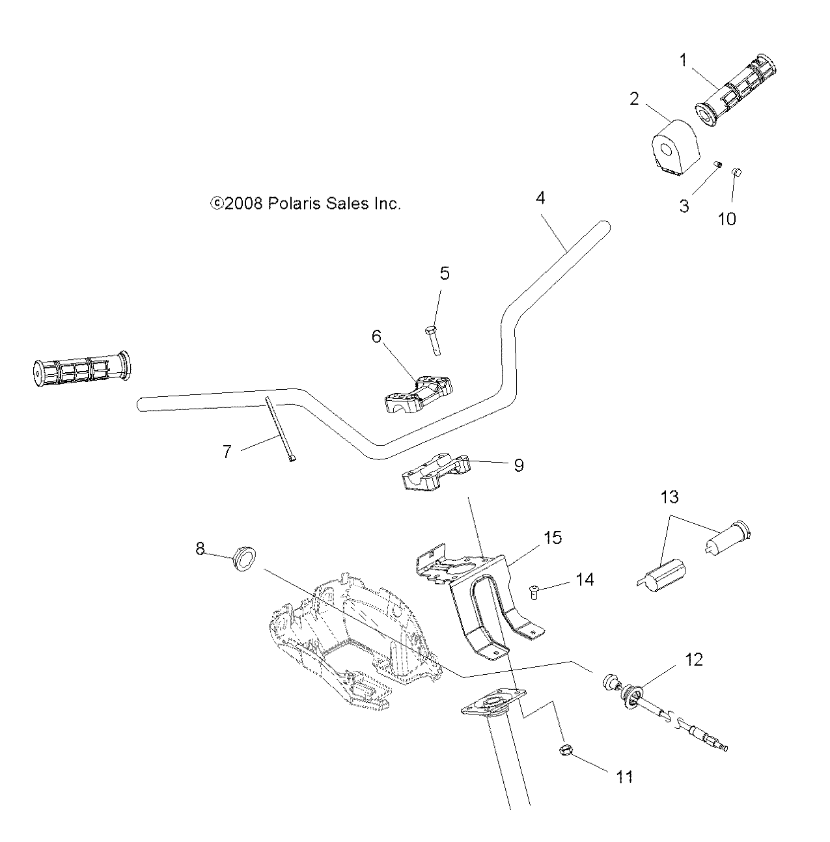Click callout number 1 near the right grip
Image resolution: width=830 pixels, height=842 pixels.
[x=683, y=61]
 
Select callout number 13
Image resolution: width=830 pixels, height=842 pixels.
[x=669, y=498]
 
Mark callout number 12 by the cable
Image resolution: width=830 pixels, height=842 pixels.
[x=694, y=659]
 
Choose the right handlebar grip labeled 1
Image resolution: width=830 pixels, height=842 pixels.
[x=736, y=90]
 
